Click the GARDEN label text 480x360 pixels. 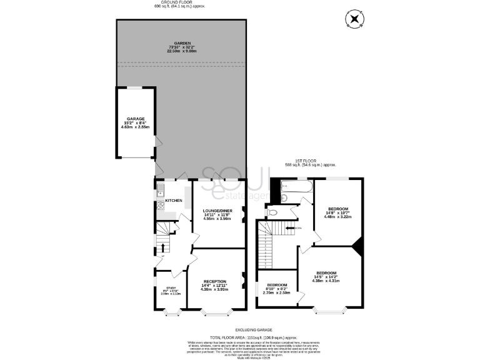tap(181, 42)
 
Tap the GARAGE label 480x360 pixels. tap(136, 119)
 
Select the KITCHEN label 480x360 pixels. tap(174, 201)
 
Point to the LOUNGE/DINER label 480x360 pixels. tap(218, 211)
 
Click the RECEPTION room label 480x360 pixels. tap(214, 281)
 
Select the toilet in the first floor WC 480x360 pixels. tap(271, 212)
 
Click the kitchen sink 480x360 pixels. tap(160, 191)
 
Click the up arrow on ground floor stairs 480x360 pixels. tap(163, 247)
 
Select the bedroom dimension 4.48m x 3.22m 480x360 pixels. tap(337, 217)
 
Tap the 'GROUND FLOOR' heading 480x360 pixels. tap(181, 2)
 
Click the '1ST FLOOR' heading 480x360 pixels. tap(311, 161)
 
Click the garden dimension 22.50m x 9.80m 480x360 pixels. tap(181, 51)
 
